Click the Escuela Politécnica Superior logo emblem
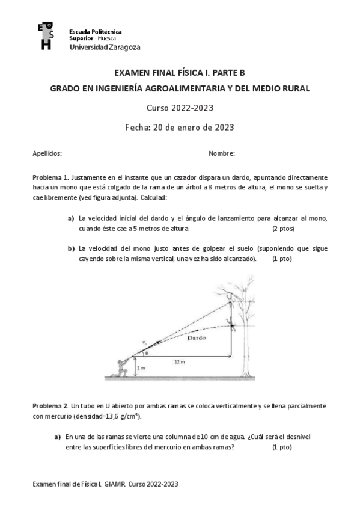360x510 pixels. [45, 37]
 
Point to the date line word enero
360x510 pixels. [191, 127]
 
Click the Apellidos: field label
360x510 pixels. [47, 153]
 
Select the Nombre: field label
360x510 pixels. [221, 153]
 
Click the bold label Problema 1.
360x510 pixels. [50, 178]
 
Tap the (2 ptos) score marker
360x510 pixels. [283, 229]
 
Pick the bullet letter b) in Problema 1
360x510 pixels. [70, 248]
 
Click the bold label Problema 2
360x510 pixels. [50, 407]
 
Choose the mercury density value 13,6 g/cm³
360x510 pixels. [124, 416]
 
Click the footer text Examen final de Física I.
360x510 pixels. [67, 484]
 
